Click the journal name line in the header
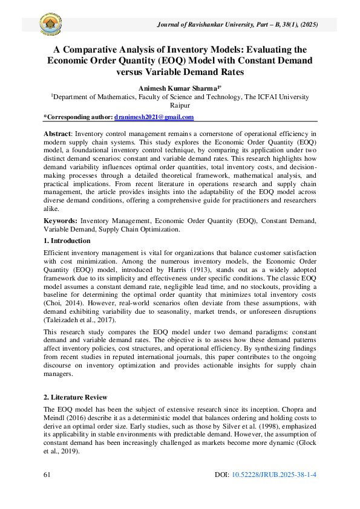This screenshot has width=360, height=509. coord(237,25)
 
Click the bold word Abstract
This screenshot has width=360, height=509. coord(57,132)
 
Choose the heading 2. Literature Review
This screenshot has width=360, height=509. coord(75,397)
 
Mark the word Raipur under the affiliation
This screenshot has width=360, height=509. coord(180,104)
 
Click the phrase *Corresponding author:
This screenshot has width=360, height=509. coord(78,117)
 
